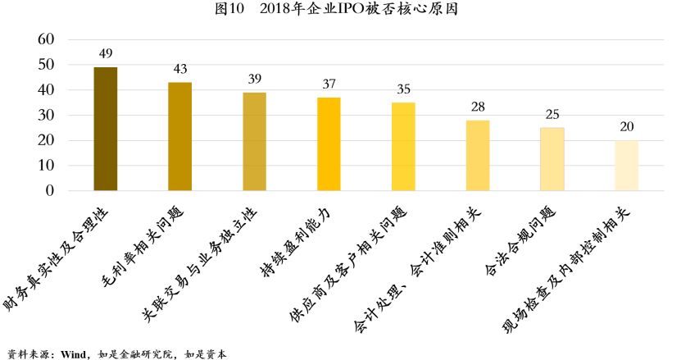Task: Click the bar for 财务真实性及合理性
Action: point(106,129)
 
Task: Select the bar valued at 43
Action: point(179,136)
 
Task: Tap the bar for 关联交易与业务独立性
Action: point(254,141)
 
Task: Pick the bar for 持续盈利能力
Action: point(329,144)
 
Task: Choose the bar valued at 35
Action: point(403,146)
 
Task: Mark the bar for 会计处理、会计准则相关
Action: point(478,155)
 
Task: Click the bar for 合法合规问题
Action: point(552,159)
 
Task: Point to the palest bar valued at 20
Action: point(626,166)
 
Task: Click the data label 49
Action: point(106,54)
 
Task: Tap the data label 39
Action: point(255,80)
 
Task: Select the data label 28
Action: point(478,107)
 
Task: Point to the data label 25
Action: point(552,115)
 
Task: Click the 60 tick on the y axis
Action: point(47,39)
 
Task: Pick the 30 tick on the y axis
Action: point(47,115)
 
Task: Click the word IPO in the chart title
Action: point(368,10)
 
